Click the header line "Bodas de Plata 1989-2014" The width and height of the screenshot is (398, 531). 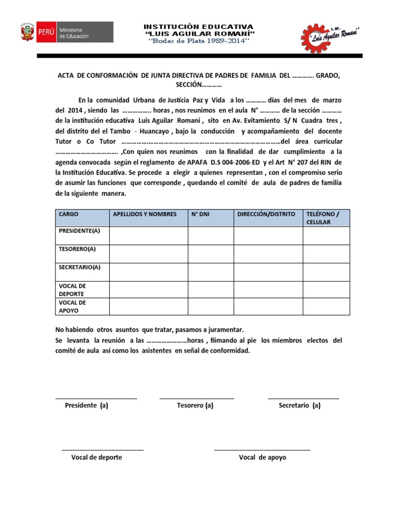(x=198, y=41)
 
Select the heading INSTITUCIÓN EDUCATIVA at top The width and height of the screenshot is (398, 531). (x=198, y=26)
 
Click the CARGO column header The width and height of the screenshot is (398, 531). (x=69, y=214)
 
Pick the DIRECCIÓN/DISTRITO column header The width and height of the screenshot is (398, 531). (x=266, y=214)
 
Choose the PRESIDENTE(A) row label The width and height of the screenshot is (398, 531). (x=79, y=230)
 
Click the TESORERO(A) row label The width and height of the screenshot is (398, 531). (x=77, y=249)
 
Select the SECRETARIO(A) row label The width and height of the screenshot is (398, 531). (x=79, y=268)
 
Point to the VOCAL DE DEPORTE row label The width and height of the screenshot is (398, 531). (x=73, y=290)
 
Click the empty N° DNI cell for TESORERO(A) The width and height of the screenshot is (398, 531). (x=210, y=253)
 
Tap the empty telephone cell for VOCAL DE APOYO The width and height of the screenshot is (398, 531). (x=326, y=306)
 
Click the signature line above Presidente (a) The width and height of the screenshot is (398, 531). (x=96, y=398)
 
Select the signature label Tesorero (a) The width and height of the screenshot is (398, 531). (x=195, y=406)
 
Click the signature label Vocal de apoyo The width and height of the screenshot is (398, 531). (x=262, y=457)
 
